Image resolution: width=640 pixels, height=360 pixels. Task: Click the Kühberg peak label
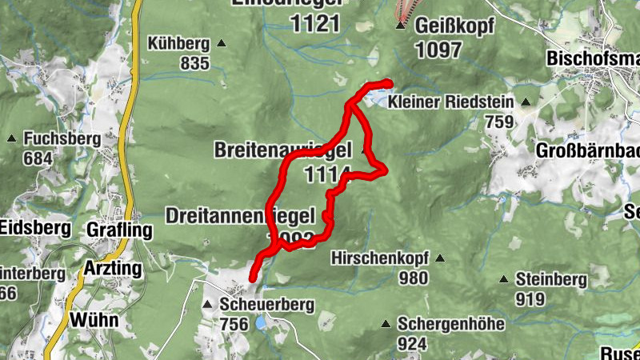coord(178,44)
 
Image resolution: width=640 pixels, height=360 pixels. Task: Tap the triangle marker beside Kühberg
coord(222,44)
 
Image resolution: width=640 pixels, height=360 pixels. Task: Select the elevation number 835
coord(194,63)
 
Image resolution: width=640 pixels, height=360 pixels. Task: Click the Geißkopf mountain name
coord(455,26)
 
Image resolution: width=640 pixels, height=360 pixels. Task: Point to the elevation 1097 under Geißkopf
coord(438,49)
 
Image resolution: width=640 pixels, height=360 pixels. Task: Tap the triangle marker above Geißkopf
coord(401,26)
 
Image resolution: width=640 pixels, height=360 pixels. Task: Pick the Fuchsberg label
coord(60,138)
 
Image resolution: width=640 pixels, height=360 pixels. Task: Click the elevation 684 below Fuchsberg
coord(38,158)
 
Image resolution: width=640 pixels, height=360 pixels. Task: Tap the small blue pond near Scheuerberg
coord(260,323)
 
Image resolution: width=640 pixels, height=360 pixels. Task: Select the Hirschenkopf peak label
coord(379,258)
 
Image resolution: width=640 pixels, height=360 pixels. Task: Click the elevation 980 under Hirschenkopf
coord(414,278)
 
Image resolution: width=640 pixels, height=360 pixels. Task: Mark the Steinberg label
coord(551,280)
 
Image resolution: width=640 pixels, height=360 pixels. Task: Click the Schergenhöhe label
coord(451,324)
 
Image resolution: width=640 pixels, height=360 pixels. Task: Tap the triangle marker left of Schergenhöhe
coord(386,324)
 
